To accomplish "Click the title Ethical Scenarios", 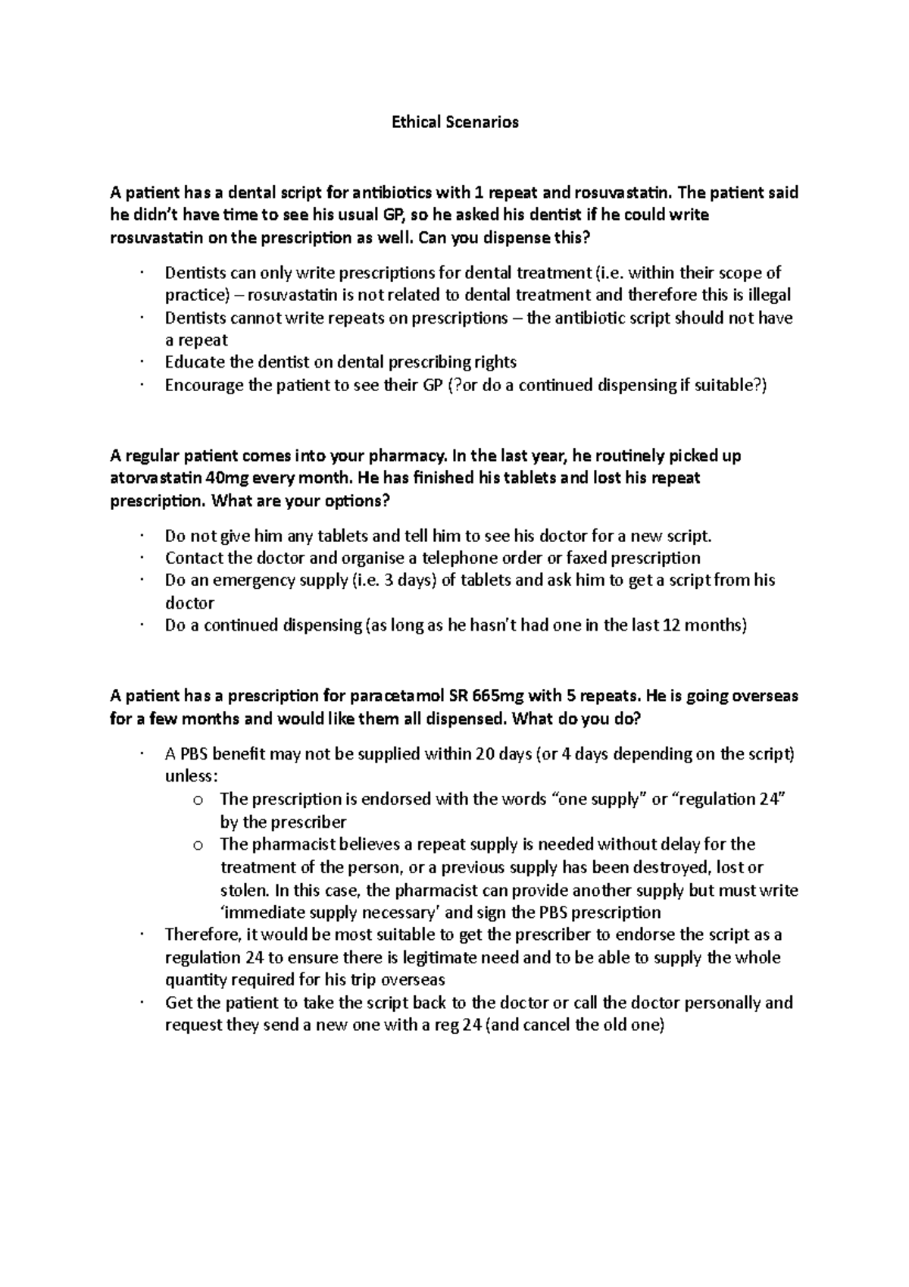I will coord(454,122).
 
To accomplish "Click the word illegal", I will coord(766,295).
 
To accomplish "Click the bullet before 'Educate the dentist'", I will coord(142,362).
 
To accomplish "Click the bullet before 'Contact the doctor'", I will coord(142,558).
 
